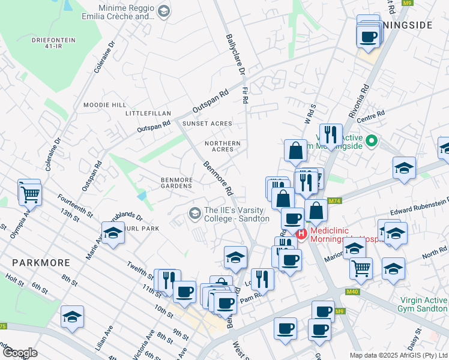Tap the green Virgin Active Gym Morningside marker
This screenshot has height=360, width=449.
pyautogui.click(x=371, y=142)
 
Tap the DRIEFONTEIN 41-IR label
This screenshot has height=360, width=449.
pyautogui.click(x=54, y=43)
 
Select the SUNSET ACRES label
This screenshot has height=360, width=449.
pyautogui.click(x=207, y=124)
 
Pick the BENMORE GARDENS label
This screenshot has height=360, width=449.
pyautogui.click(x=176, y=183)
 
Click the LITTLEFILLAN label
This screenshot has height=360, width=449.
pyautogui.click(x=148, y=113)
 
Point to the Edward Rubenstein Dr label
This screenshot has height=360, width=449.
pyautogui.click(x=418, y=207)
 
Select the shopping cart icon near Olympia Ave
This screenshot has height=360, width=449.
pyautogui.click(x=29, y=192)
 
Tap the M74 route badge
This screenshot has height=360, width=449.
pyautogui.click(x=335, y=200)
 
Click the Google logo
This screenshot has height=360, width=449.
pyautogui.click(x=19, y=352)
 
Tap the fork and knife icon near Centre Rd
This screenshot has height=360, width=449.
pyautogui.click(x=330, y=135)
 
